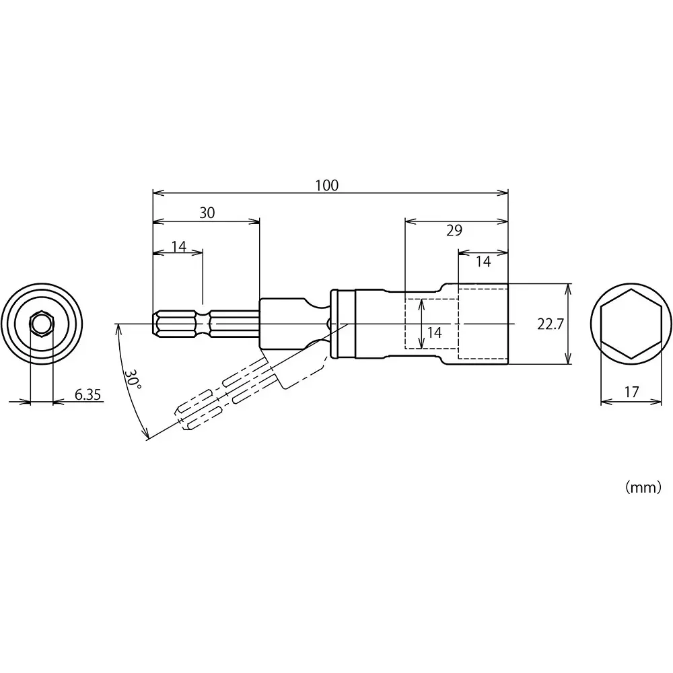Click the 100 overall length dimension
[x=327, y=185]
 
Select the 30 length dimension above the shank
[x=207, y=213]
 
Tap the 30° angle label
[x=133, y=379]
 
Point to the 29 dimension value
[x=454, y=231]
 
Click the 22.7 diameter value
[x=551, y=324]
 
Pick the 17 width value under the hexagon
[x=631, y=391]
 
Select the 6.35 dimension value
[x=87, y=395]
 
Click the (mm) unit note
[x=643, y=488]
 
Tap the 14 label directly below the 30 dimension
[x=178, y=246]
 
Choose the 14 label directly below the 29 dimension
[x=483, y=262]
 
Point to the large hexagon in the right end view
[x=631, y=324]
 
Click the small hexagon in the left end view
[x=42, y=324]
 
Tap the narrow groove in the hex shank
[x=204, y=324]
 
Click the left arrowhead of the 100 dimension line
[x=157, y=193]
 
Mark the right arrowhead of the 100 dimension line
[x=504, y=193]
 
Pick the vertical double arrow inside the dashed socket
[x=421, y=324]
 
